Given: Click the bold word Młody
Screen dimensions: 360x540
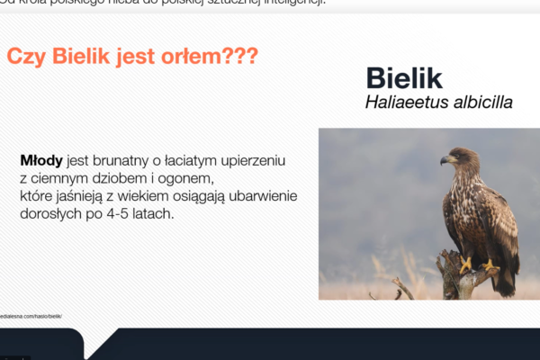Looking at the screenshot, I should (x=40, y=160).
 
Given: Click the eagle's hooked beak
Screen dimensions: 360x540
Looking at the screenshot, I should (x=445, y=160).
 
